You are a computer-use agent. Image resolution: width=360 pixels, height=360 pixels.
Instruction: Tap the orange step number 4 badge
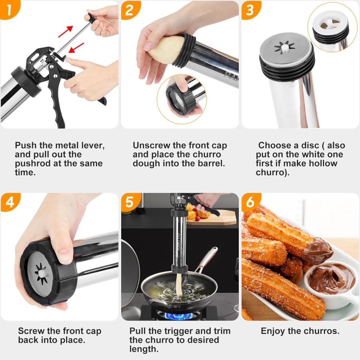[9, 202]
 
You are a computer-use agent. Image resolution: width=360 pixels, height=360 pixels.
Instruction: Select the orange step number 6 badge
[250, 202]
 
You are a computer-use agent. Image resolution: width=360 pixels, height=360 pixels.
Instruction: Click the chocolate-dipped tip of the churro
[318, 251]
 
